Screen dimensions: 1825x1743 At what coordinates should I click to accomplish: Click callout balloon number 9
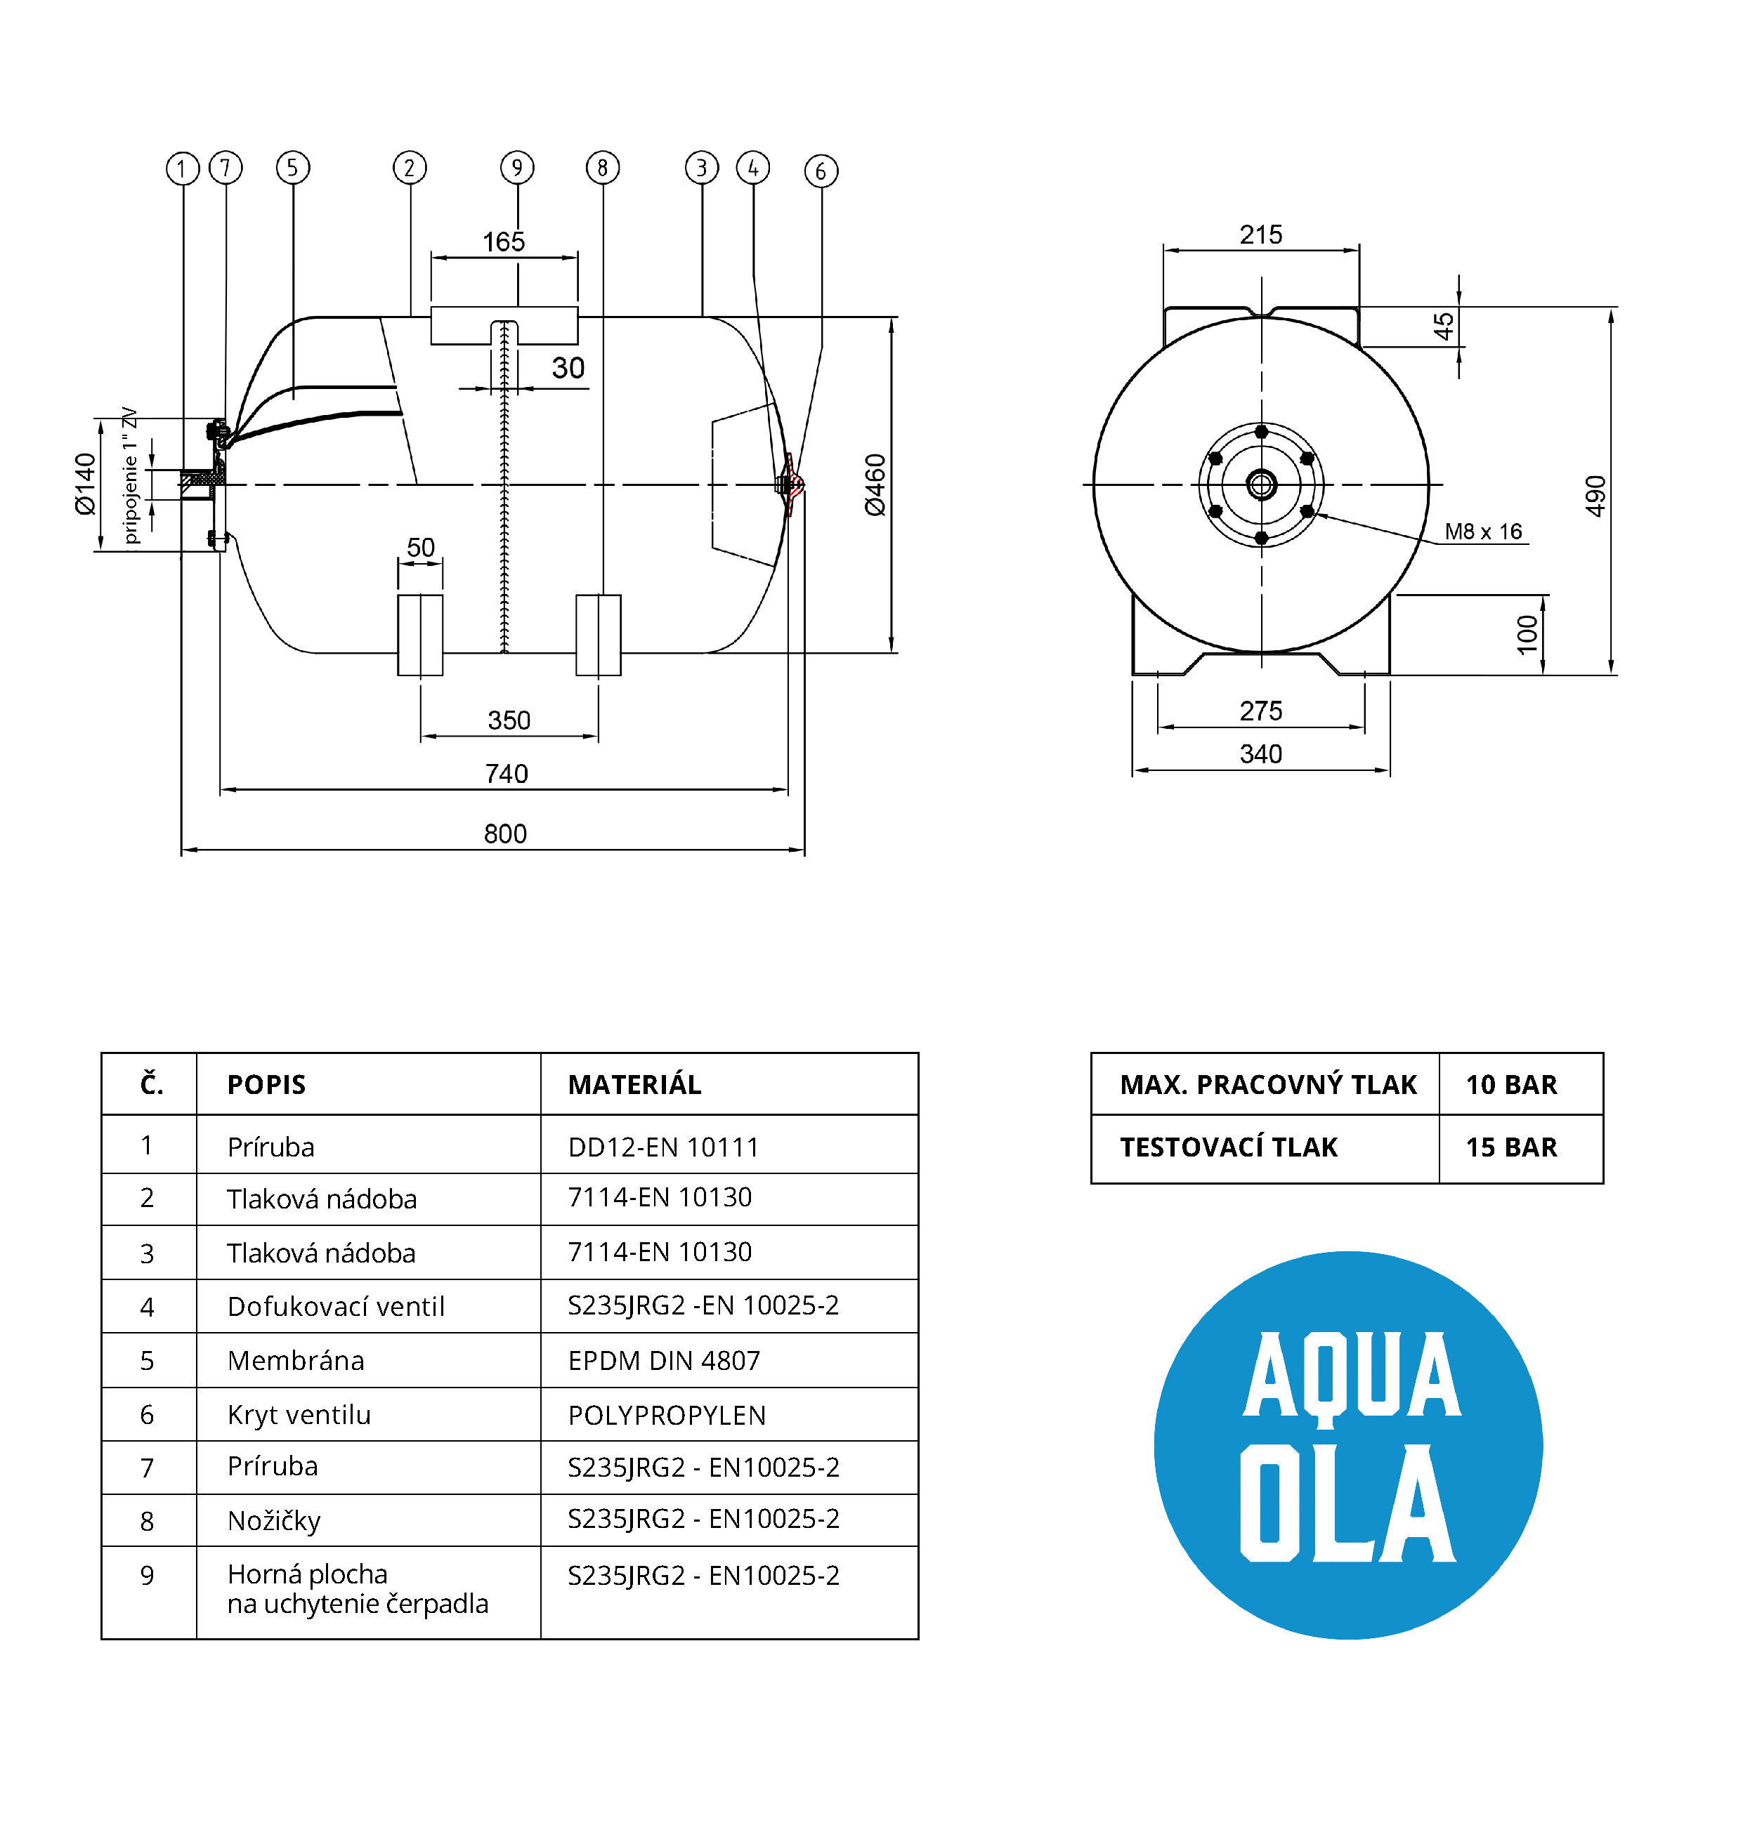click(518, 167)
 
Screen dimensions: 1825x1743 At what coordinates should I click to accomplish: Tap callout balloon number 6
click(821, 171)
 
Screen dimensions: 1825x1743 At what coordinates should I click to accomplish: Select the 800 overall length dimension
click(504, 833)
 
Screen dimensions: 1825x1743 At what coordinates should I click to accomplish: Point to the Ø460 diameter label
click(875, 485)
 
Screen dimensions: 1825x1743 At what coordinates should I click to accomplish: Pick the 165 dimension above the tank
click(504, 242)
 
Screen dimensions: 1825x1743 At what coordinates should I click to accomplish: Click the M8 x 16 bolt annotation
click(1483, 532)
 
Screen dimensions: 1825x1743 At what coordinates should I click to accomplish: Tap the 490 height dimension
click(1595, 496)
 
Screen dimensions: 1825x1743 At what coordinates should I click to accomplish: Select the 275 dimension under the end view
click(1261, 711)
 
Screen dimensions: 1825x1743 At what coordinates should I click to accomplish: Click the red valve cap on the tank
click(792, 484)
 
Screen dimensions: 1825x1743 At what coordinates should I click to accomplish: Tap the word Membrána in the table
click(296, 1361)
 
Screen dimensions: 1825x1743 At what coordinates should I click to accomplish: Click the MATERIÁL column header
click(634, 1085)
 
